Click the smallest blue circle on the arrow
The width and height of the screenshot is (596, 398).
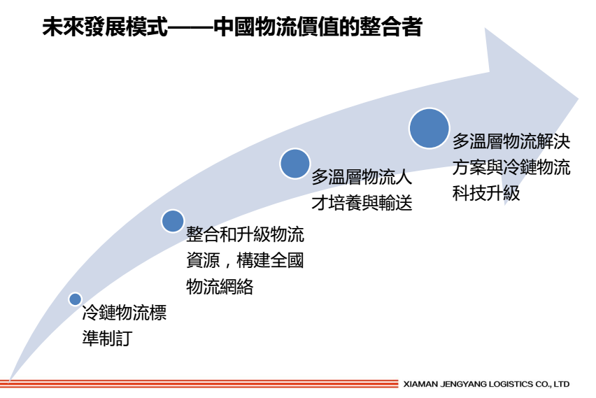pos(76,299)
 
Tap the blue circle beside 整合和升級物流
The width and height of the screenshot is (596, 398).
pos(173,221)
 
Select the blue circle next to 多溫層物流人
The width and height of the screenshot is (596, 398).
pos(295,164)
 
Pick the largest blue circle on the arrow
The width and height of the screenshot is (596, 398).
pos(429,128)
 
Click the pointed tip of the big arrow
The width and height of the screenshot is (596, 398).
pos(578,99)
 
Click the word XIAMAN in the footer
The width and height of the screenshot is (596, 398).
pos(420,384)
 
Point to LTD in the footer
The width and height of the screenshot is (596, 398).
pos(562,384)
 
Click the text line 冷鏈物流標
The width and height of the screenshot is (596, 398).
pos(125,313)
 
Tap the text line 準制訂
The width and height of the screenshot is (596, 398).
pos(107,338)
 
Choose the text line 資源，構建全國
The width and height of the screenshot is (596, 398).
pos(245,260)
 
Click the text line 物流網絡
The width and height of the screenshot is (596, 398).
pos(220,286)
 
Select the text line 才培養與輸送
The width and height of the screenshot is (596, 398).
pos(362,203)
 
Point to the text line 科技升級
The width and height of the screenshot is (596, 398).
pos(486,193)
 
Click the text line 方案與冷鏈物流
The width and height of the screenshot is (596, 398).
pos(511,167)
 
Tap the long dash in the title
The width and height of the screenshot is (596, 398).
pos(190,27)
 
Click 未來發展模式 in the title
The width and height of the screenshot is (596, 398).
pos(105,27)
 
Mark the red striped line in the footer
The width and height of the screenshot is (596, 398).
pos(199,383)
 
